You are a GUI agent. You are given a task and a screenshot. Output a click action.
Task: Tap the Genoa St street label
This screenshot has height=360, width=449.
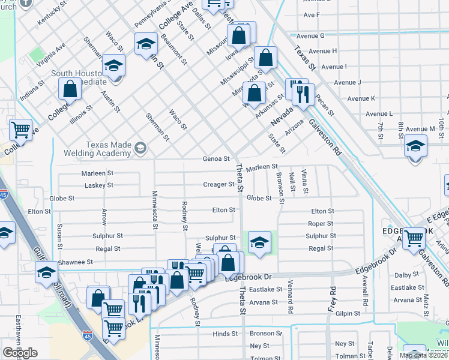coord(218,159)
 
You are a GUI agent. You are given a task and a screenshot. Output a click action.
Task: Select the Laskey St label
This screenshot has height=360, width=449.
coord(99,185)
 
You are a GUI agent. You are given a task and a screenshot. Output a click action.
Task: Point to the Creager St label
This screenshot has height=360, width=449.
coord(218,184)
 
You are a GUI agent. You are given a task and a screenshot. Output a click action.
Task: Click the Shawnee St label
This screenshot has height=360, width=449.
coord(76,262)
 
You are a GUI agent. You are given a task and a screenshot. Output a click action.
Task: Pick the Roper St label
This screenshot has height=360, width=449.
coord(321,224)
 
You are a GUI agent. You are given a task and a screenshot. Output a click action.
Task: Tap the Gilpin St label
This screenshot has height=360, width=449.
coord(348,313)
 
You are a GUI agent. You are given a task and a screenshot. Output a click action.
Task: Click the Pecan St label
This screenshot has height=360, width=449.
coord(321,95)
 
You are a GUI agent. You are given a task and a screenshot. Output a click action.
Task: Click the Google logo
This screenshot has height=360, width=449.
coord(20,353)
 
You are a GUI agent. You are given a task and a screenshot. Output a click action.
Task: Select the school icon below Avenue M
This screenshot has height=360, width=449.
coord(415,146)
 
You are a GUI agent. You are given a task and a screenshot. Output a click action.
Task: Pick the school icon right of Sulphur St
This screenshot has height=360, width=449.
coord(259,242)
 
